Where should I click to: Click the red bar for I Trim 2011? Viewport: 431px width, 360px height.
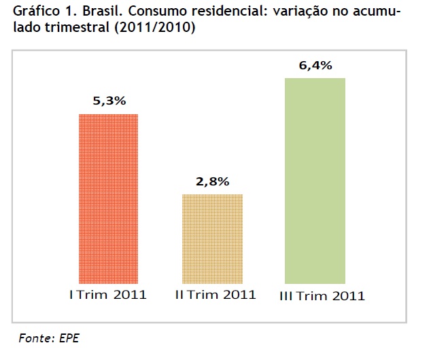click(109, 198)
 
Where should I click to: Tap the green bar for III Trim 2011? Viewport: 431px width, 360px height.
click(315, 180)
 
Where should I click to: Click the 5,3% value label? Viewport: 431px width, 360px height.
click(109, 101)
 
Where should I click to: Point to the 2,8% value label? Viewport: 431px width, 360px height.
click(213, 181)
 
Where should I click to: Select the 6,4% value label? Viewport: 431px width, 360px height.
click(315, 66)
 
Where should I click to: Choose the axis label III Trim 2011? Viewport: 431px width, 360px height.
click(322, 295)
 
